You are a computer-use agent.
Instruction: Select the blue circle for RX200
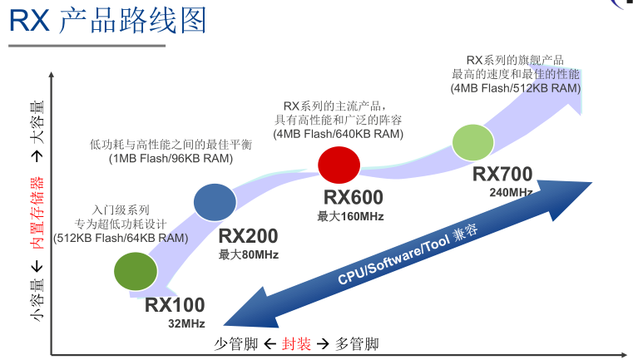215,202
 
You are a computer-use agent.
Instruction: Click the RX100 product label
174,304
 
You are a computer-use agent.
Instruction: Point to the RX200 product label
248,236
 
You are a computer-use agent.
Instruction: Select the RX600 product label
353,198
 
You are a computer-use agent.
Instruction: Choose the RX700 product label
502,175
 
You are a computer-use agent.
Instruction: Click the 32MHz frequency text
186,323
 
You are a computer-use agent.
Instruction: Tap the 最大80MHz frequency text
249,254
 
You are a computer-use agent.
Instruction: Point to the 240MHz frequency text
512,193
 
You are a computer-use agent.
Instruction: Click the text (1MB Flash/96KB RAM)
169,158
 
